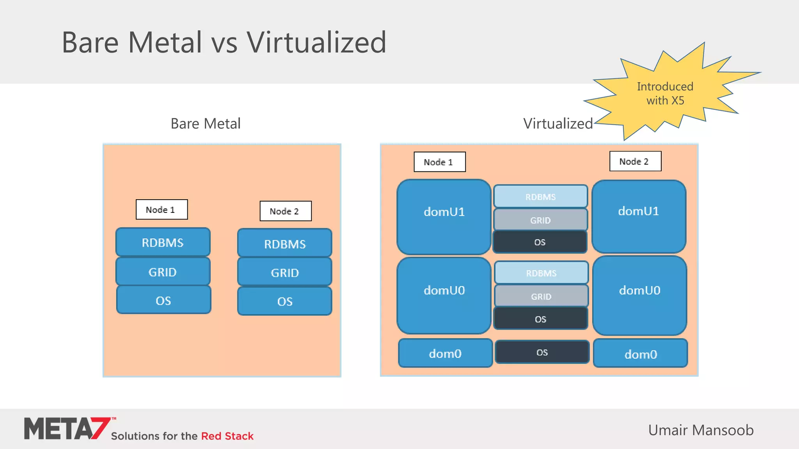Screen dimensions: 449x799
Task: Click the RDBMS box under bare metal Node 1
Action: (163, 242)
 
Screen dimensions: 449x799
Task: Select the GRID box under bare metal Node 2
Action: (285, 272)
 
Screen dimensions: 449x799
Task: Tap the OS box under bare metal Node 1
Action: (163, 300)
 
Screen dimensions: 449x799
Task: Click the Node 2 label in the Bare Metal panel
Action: (286, 211)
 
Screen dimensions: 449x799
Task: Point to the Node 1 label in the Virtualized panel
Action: (440, 162)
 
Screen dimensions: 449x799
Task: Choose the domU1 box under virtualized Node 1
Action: (444, 217)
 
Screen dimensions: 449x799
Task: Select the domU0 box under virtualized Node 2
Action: (639, 295)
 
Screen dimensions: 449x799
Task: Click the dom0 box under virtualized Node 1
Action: (445, 353)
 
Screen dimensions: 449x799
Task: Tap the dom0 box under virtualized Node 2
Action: (640, 354)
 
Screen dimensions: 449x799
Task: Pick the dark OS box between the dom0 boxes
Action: (542, 352)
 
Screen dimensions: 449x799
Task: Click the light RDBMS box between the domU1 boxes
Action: (540, 196)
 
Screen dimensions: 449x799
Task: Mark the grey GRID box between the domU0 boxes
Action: (541, 296)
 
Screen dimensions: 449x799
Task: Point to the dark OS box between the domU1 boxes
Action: (540, 242)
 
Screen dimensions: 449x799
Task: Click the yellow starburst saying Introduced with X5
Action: (665, 94)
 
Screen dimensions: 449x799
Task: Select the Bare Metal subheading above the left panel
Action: (206, 124)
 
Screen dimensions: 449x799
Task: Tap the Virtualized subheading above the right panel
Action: (558, 124)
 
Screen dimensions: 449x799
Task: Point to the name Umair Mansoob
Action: (701, 430)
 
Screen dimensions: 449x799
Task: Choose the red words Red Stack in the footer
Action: (227, 436)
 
